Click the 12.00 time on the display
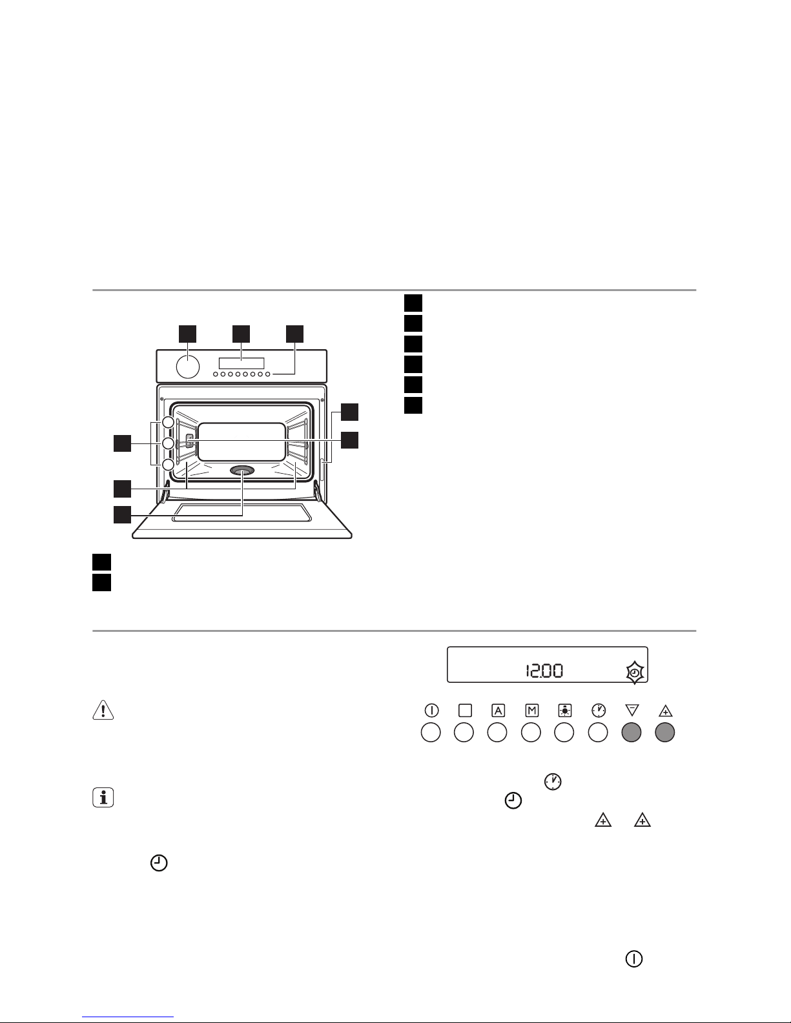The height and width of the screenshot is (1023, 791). (543, 671)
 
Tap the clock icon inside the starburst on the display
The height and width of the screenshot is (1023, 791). (635, 673)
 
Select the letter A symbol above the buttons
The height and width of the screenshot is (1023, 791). (498, 711)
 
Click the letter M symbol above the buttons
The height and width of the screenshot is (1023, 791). (531, 711)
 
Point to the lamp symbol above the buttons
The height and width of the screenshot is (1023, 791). (565, 711)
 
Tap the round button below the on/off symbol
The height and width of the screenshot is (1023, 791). (431, 733)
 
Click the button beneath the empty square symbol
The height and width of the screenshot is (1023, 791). (464, 733)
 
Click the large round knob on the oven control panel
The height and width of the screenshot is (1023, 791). (187, 366)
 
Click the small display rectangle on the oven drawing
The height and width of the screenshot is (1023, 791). (241, 363)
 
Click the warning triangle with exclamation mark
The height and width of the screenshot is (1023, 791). (103, 709)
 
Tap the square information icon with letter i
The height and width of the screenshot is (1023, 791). (103, 798)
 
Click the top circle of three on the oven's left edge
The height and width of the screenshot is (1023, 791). (168, 422)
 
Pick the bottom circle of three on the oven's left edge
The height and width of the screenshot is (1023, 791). (168, 465)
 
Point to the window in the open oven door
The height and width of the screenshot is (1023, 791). (242, 513)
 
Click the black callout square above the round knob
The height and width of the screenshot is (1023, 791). (187, 333)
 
